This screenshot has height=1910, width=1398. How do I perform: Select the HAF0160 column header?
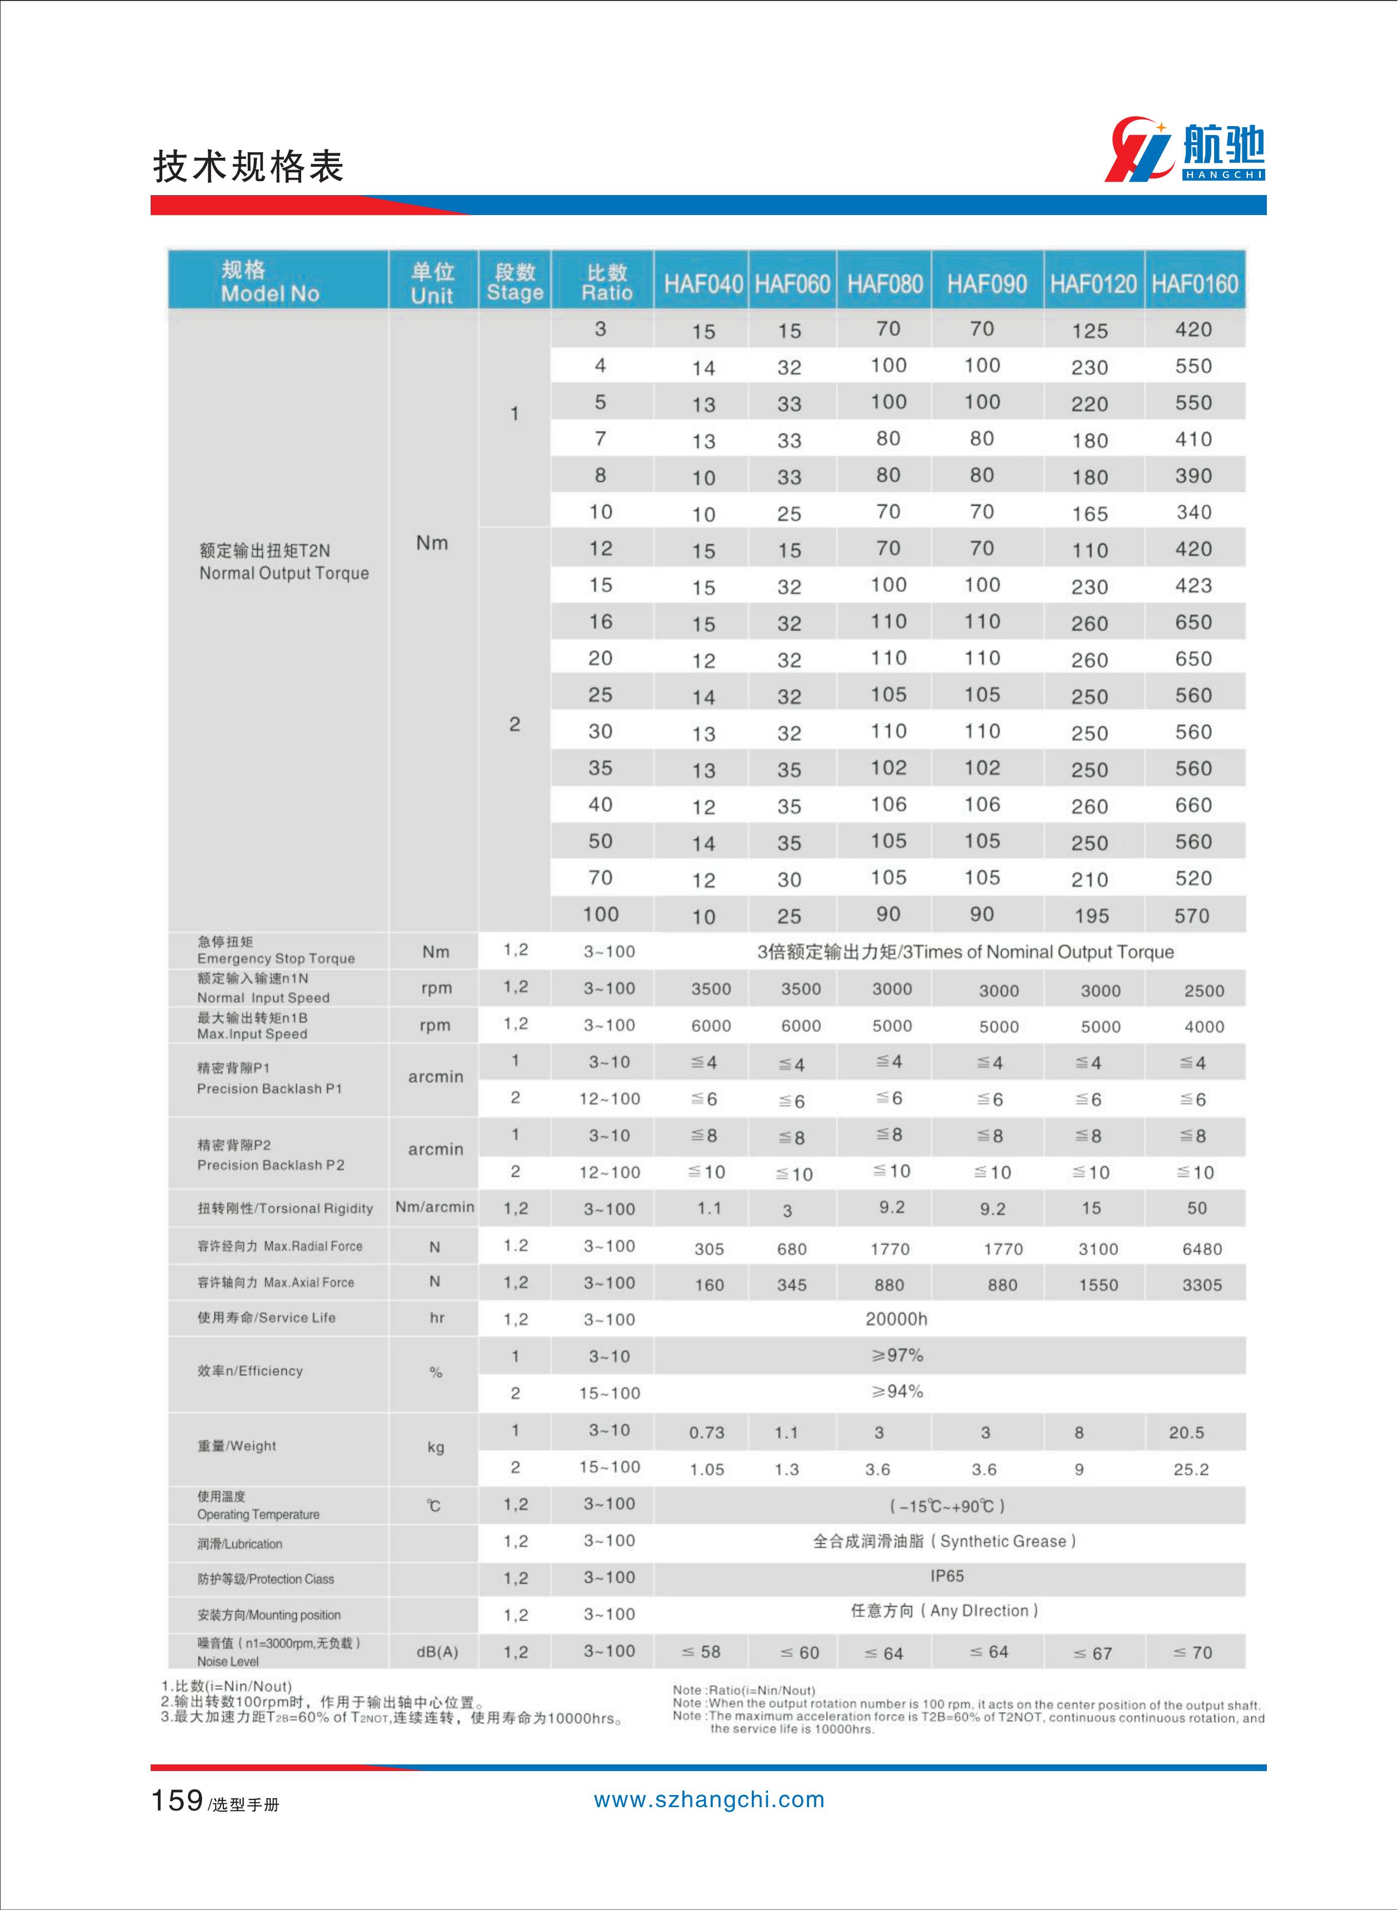point(1194,283)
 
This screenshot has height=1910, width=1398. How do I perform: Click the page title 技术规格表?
point(248,167)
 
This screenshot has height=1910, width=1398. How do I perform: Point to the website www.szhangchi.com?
point(708,1800)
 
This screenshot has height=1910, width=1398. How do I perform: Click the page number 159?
point(177,1800)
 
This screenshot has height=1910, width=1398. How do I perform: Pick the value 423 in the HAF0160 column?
point(1193,586)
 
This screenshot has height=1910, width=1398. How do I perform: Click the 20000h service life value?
point(896,1319)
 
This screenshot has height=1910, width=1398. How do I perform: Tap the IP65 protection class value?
point(947,1575)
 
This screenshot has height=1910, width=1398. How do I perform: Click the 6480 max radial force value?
point(1202,1249)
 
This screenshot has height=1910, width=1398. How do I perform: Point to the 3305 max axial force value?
point(1202,1285)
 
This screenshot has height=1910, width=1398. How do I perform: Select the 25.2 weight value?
point(1191,1470)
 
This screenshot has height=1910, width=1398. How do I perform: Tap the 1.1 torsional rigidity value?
point(709,1209)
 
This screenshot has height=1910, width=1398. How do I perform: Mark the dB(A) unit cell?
point(437,1652)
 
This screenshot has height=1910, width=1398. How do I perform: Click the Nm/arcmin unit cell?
point(434,1208)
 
